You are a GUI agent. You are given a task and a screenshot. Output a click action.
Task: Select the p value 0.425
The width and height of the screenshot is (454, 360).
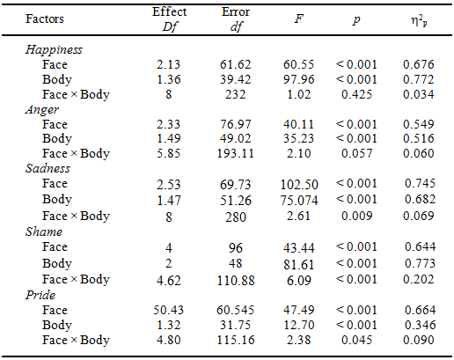click(357, 94)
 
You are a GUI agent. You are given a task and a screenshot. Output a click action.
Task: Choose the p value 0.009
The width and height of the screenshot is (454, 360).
click(357, 216)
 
